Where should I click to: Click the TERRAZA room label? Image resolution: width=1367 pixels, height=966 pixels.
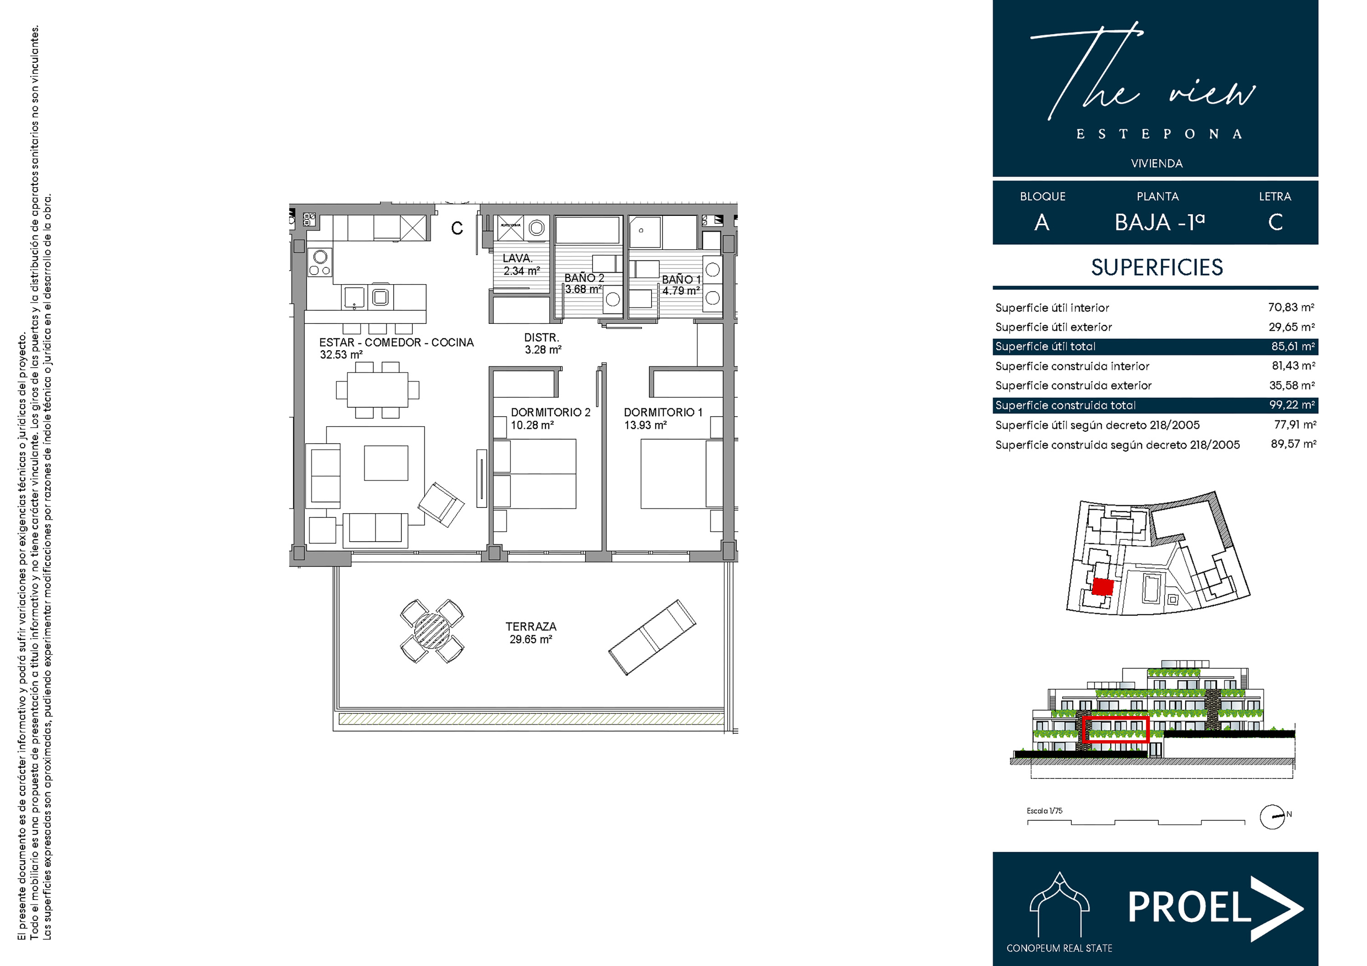(530, 627)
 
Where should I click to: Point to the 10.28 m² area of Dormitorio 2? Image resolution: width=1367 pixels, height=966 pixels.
(532, 425)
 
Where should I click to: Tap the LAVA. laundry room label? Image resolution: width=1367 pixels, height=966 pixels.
(517, 258)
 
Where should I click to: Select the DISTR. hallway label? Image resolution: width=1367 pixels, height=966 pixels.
(541, 337)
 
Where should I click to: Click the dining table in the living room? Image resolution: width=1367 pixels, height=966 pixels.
(377, 390)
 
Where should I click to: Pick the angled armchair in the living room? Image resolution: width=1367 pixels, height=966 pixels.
(441, 505)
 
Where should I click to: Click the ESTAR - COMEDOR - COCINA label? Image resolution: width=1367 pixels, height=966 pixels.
(396, 342)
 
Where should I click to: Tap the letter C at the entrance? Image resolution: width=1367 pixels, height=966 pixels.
(457, 229)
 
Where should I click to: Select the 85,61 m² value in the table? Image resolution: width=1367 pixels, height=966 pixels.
(1293, 347)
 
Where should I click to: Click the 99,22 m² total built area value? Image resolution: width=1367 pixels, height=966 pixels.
(1291, 405)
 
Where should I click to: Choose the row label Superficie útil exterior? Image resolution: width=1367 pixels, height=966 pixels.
(1053, 327)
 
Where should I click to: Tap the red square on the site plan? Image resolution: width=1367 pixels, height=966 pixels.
(1102, 587)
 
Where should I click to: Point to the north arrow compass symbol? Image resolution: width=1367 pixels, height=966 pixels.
(1272, 817)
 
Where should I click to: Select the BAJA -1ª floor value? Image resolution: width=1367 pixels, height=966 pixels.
(1159, 223)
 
